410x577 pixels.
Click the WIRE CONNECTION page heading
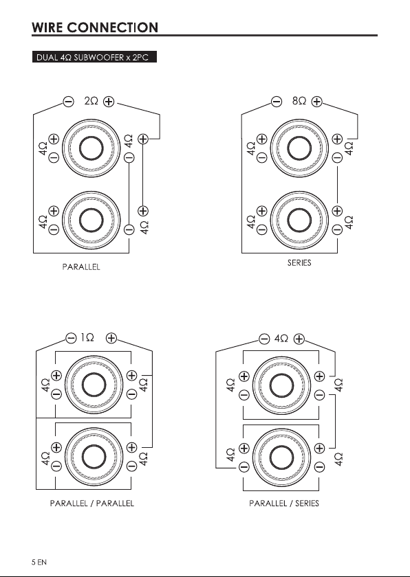(x=95, y=27)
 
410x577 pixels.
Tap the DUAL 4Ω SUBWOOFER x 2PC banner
(x=94, y=57)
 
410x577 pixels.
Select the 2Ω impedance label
(x=91, y=101)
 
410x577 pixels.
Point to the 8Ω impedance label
(x=299, y=101)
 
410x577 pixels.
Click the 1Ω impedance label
(x=87, y=337)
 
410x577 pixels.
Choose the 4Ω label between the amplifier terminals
(x=281, y=339)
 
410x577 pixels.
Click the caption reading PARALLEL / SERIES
(x=284, y=503)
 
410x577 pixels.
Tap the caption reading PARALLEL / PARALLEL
(x=92, y=503)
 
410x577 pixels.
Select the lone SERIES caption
(x=299, y=262)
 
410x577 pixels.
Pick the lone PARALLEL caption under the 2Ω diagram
(x=81, y=267)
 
